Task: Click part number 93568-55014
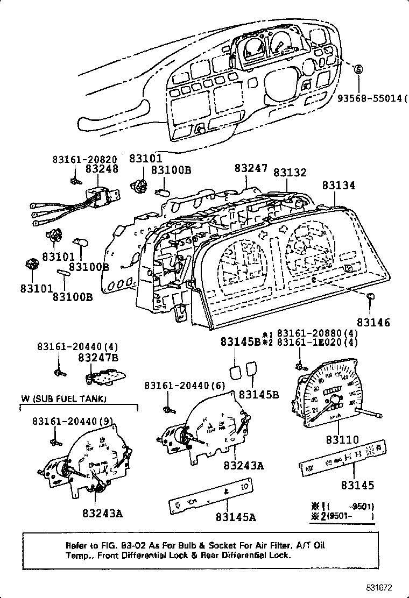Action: click(371, 98)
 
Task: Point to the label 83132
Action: click(290, 173)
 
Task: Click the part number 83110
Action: click(341, 440)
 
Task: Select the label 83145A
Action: click(235, 517)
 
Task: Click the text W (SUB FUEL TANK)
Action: click(64, 398)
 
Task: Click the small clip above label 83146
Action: click(371, 296)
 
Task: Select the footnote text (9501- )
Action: click(349, 517)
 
